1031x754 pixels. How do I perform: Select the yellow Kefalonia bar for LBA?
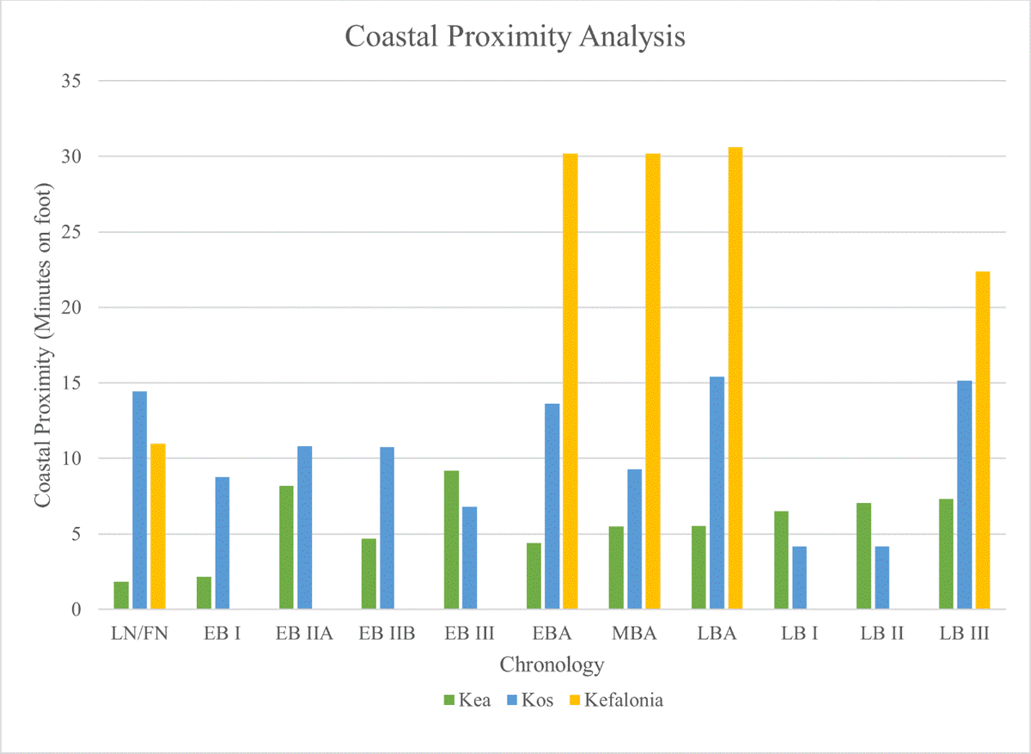coord(735,378)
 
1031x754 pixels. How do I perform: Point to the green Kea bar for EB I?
coord(204,593)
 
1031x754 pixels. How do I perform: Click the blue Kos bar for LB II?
coord(882,578)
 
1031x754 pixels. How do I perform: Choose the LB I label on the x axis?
coord(799,634)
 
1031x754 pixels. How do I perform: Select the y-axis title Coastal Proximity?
coord(41,344)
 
